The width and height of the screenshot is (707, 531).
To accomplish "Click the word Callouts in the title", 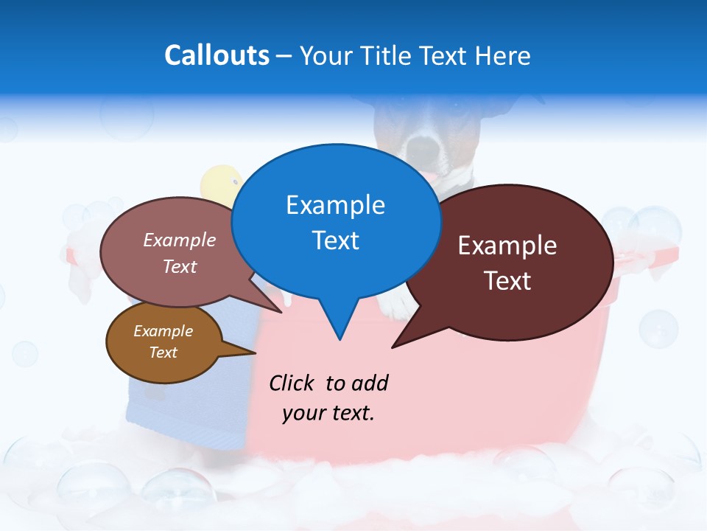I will pyautogui.click(x=217, y=55).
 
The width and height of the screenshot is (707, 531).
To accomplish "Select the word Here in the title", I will pyautogui.click(x=503, y=56).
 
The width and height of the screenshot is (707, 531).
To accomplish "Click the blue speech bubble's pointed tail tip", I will pyautogui.click(x=340, y=339).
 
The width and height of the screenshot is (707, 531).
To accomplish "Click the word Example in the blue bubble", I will pyautogui.click(x=335, y=205).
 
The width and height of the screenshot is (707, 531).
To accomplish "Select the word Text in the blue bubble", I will pyautogui.click(x=335, y=240).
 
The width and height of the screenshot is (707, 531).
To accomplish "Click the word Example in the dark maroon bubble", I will pyautogui.click(x=507, y=246).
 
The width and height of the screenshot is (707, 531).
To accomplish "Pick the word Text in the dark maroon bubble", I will pyautogui.click(x=507, y=281).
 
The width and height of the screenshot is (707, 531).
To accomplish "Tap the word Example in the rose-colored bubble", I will pyautogui.click(x=180, y=240).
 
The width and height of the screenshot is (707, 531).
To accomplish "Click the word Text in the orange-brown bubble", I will pyautogui.click(x=163, y=353).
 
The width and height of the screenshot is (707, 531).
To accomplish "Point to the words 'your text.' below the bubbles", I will pyautogui.click(x=328, y=413).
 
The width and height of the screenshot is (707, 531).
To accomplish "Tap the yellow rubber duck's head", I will pyautogui.click(x=221, y=184).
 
